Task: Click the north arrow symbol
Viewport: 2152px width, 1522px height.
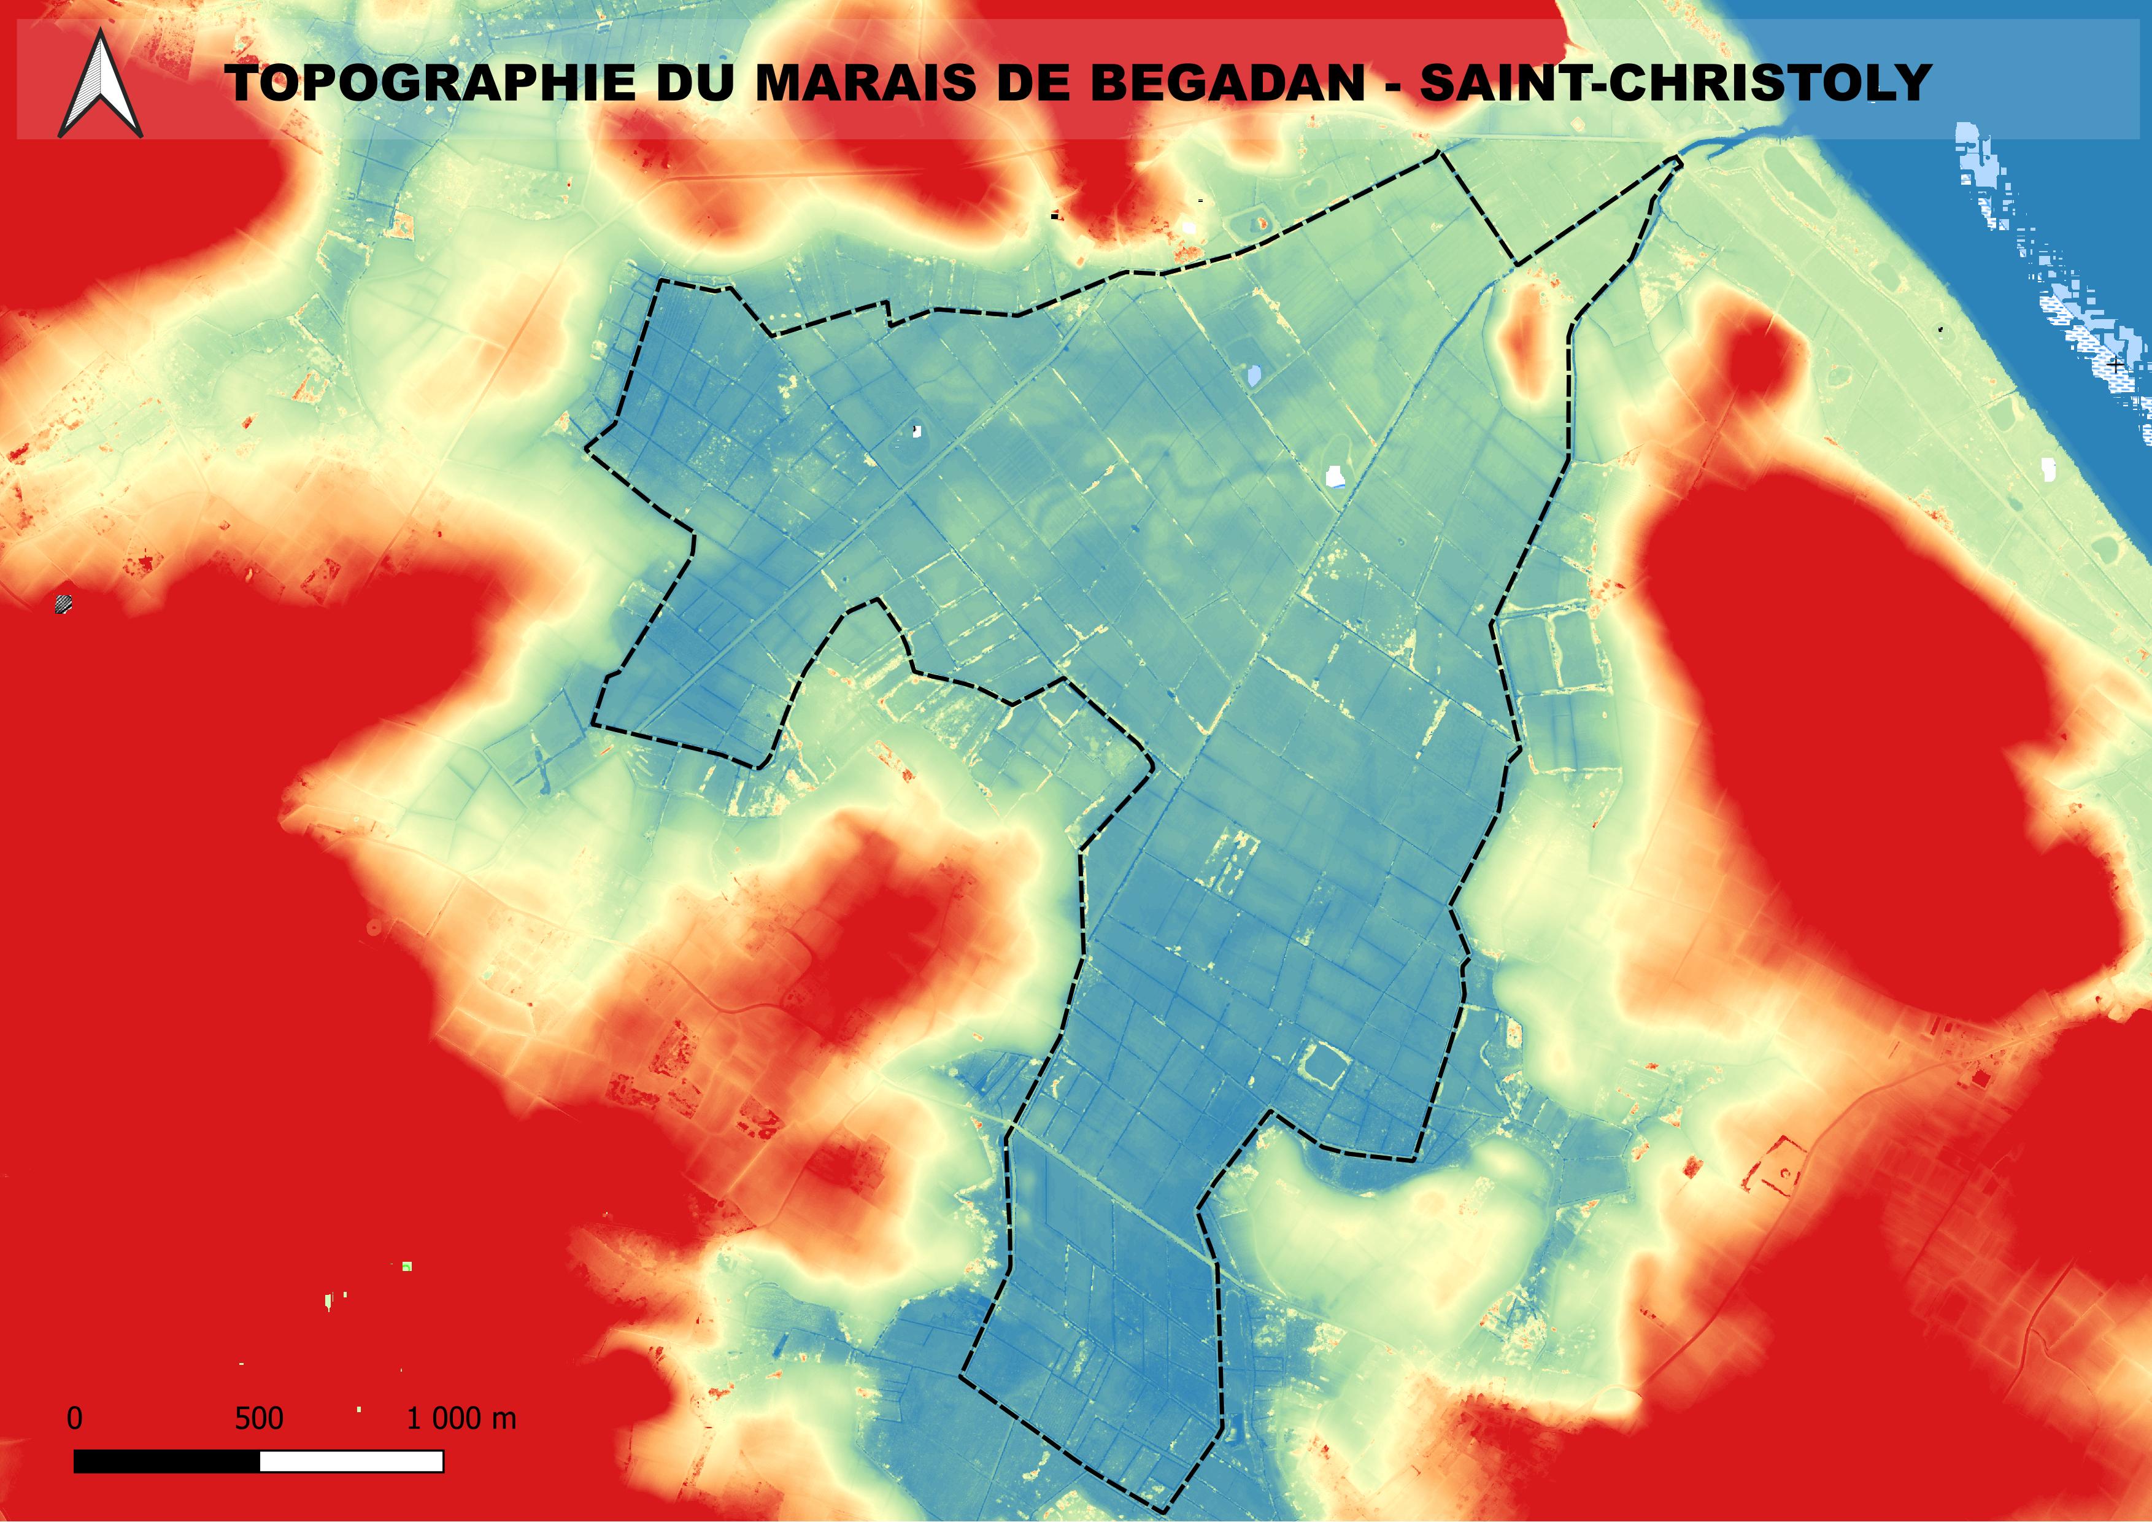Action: click(x=100, y=84)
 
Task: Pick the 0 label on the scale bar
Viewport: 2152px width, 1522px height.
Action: click(x=75, y=1418)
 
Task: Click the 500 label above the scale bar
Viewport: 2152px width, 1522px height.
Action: click(x=259, y=1418)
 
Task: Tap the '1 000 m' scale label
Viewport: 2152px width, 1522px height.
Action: click(x=461, y=1418)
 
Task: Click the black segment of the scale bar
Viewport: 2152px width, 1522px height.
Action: click(x=166, y=1461)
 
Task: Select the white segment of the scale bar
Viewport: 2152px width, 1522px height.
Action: click(x=350, y=1461)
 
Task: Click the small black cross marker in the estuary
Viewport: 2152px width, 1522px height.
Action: click(x=2116, y=364)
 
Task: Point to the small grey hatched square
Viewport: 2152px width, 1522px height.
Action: click(x=64, y=603)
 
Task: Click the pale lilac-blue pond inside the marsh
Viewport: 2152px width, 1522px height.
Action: click(x=1253, y=376)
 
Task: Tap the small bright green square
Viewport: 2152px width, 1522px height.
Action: click(x=407, y=1267)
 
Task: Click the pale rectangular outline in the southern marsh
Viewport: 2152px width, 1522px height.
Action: click(x=1324, y=1065)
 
